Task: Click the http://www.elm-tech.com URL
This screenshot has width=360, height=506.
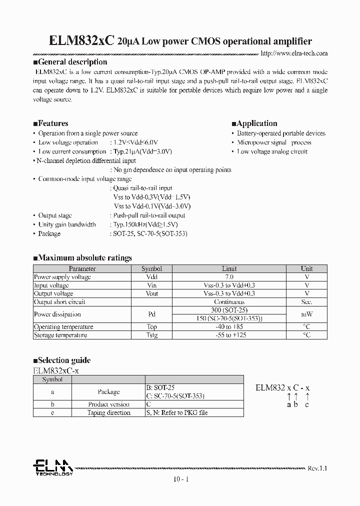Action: coord(294,53)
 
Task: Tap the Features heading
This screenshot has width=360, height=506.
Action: coord(50,123)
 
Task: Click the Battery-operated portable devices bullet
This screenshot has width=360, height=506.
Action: coord(281,133)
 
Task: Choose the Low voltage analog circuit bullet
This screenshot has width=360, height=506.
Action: coord(272,151)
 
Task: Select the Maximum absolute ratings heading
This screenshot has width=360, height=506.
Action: coord(82,258)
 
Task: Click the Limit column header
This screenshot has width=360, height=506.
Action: coord(229,268)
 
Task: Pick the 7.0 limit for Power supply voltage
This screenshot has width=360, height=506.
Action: coord(229,276)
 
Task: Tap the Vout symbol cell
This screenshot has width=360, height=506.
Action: coord(151,293)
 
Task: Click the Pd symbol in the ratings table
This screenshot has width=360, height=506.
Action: coord(151,314)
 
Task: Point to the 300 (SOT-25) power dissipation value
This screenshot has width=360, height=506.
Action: coord(229,310)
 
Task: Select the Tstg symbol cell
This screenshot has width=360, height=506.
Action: coord(151,335)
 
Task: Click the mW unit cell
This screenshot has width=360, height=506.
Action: coord(306,314)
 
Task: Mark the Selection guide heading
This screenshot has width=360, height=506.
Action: coord(62,360)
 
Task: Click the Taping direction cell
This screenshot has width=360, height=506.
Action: coord(108,412)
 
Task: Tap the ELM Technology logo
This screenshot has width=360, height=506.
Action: coord(53,467)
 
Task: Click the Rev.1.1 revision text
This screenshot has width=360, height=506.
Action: coord(317,468)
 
